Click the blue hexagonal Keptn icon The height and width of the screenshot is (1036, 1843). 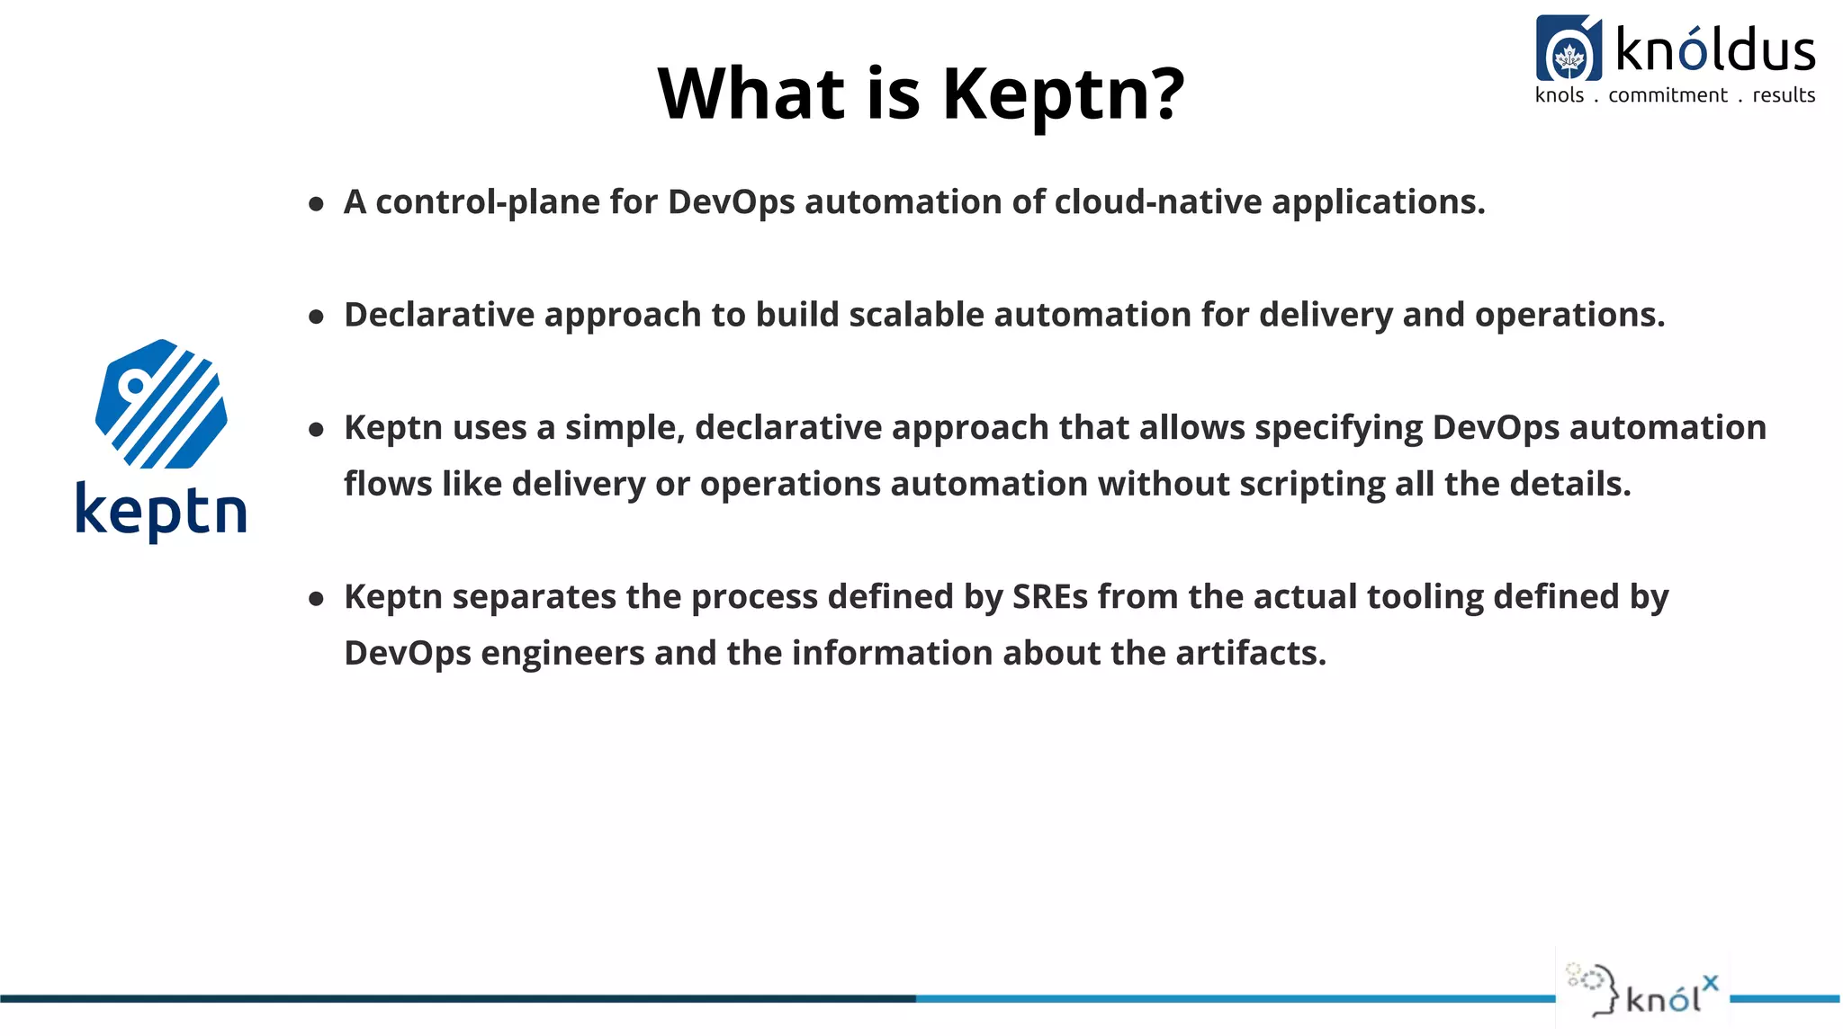click(x=161, y=404)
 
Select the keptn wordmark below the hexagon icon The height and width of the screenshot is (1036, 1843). click(x=161, y=511)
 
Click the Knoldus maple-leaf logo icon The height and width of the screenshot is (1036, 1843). click(x=1569, y=49)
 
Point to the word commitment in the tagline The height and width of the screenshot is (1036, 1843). click(x=1668, y=95)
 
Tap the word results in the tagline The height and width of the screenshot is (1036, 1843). click(x=1784, y=95)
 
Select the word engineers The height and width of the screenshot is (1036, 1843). click(x=562, y=654)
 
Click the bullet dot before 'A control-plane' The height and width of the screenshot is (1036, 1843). click(x=316, y=204)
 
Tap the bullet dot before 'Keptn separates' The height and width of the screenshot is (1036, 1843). click(x=316, y=599)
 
